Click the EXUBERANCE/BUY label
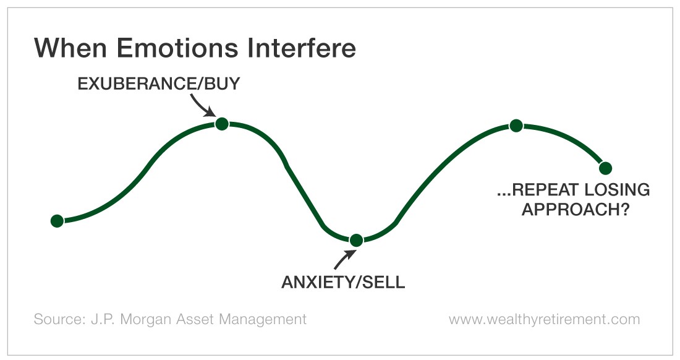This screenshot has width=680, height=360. [159, 84]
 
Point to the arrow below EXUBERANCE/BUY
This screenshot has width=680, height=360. [202, 106]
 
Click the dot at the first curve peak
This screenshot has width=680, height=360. [221, 124]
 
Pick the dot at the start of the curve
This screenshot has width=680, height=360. [57, 221]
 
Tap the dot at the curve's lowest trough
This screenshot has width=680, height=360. [356, 240]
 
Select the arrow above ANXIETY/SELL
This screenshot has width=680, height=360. [344, 259]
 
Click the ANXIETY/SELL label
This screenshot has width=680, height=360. [343, 282]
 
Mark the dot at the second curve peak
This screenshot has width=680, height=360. [516, 126]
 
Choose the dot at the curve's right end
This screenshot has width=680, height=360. [605, 168]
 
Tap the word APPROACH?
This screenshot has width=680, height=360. [576, 210]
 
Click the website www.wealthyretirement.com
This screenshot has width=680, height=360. [544, 320]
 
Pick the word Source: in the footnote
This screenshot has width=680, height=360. [60, 319]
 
